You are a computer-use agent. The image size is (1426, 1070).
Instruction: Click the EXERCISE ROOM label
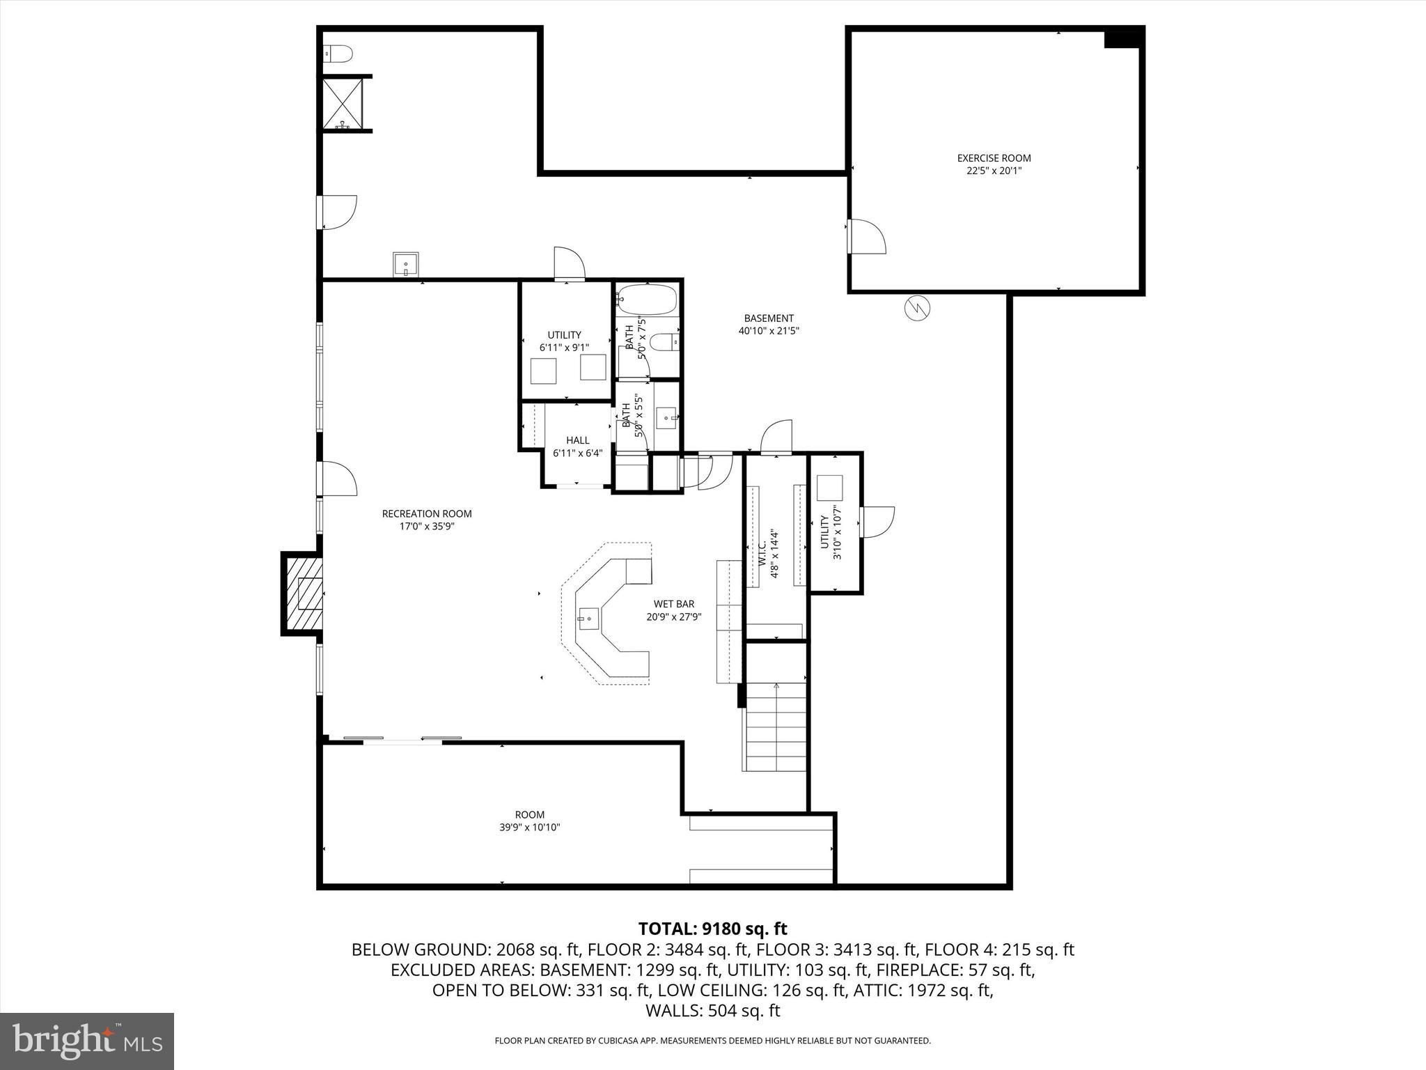click(x=994, y=158)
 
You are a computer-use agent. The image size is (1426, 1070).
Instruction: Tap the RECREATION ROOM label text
click(x=427, y=514)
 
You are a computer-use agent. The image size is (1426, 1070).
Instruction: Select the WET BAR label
click(x=673, y=604)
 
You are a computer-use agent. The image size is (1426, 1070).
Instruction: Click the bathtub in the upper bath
click(x=647, y=300)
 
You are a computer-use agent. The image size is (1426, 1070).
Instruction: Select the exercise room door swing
click(x=867, y=237)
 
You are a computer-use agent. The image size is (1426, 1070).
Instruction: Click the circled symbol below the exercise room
click(x=917, y=308)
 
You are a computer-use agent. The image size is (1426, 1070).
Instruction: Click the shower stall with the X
click(x=343, y=103)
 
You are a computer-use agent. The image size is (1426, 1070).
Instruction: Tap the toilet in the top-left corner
click(x=338, y=53)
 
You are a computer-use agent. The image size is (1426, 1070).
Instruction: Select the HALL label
click(x=577, y=440)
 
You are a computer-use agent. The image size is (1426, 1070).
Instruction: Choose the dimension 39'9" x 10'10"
click(x=529, y=828)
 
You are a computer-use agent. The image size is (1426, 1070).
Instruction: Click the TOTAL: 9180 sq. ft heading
click(x=712, y=929)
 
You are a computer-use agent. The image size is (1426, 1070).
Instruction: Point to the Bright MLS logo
click(x=87, y=1041)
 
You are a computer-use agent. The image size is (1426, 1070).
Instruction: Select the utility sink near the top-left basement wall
click(x=405, y=264)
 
